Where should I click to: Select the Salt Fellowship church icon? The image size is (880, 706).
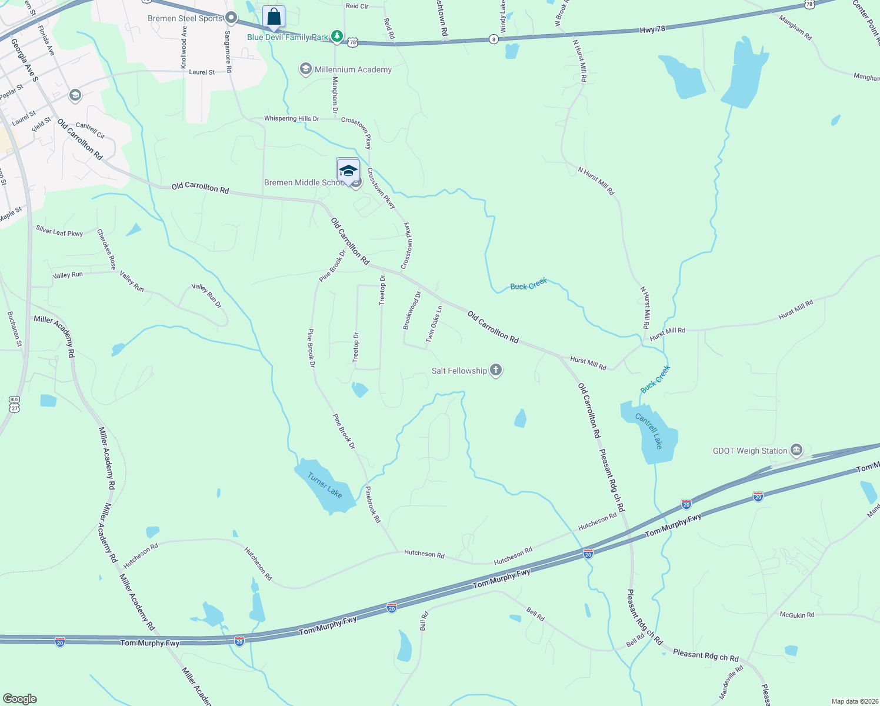pos(496,371)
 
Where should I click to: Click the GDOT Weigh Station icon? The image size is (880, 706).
pos(796,451)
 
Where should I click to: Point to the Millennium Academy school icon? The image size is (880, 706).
pos(305,69)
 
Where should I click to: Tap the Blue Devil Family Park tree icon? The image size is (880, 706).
pos(336,37)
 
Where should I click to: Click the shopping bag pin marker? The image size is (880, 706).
pos(274,18)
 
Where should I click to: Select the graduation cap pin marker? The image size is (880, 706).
pos(348,170)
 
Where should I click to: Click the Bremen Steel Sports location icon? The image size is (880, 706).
pos(231,18)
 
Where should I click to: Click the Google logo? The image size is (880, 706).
pos(20,699)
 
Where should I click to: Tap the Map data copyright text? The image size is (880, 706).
pos(854,701)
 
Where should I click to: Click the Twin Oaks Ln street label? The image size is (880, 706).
pos(434,324)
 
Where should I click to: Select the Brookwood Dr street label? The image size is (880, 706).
pos(412,310)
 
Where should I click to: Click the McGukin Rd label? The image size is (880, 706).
pos(797,615)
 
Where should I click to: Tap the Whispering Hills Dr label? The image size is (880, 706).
pos(291,119)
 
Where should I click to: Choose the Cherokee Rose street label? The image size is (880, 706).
pos(106,249)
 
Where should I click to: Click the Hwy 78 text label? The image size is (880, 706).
pos(652,29)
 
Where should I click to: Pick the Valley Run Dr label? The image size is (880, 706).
pos(206,295)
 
